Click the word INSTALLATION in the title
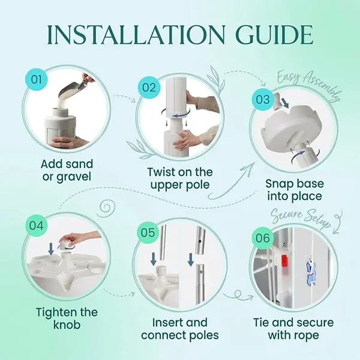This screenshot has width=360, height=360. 136,35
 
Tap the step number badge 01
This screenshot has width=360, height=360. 37,80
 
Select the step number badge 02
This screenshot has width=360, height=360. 149,88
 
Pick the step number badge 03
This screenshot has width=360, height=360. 263,100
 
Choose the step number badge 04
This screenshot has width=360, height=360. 37,226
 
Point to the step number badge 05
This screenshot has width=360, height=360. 149,232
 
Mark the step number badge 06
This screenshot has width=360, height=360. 263,238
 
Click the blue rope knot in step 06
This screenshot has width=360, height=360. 311,273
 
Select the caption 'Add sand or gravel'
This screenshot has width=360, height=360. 67,170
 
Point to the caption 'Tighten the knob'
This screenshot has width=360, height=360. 67,319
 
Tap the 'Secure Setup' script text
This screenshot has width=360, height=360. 301,219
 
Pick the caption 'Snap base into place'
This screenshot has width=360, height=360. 295,190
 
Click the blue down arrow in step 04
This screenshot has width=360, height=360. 51,249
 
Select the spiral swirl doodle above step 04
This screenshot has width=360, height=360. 106,208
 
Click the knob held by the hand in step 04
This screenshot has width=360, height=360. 65,244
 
